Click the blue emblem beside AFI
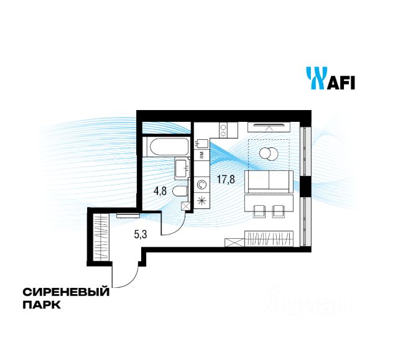point(314,78)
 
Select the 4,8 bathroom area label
point(160,191)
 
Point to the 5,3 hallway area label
point(141,235)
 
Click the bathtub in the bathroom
point(165,147)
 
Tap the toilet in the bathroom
point(179,192)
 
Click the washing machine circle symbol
point(203,184)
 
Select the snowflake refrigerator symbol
point(203,201)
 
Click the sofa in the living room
point(269,181)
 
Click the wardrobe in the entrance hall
point(99,237)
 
